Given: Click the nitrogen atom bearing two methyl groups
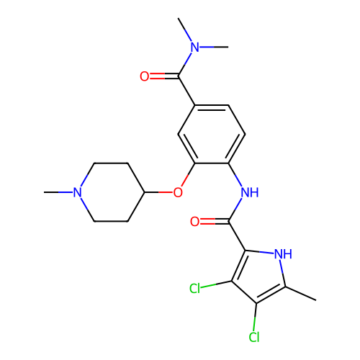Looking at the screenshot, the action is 195,47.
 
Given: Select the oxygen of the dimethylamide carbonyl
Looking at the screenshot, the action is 145,76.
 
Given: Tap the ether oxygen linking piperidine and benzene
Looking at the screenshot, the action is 178,192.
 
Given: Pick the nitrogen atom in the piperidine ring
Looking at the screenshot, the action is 77,192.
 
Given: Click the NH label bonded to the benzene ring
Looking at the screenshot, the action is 250,192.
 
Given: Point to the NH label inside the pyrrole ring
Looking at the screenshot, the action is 283,253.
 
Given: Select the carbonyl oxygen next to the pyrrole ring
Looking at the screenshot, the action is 194,222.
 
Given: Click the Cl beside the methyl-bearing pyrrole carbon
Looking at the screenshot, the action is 254,337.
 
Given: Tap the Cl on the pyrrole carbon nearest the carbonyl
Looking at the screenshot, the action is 194,288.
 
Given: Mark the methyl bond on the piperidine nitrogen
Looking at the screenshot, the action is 58,192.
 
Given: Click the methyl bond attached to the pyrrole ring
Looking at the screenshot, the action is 301,293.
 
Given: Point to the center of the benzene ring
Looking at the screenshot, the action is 212,134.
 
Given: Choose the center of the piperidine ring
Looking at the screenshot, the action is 111,192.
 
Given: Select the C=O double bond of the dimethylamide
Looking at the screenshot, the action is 164,76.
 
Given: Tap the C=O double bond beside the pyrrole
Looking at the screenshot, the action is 215,222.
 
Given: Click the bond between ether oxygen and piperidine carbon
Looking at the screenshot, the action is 159,192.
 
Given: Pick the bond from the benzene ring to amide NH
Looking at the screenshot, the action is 235,174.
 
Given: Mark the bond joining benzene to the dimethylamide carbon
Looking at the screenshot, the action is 186,91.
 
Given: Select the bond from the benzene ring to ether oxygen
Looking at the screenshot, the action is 188,175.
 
